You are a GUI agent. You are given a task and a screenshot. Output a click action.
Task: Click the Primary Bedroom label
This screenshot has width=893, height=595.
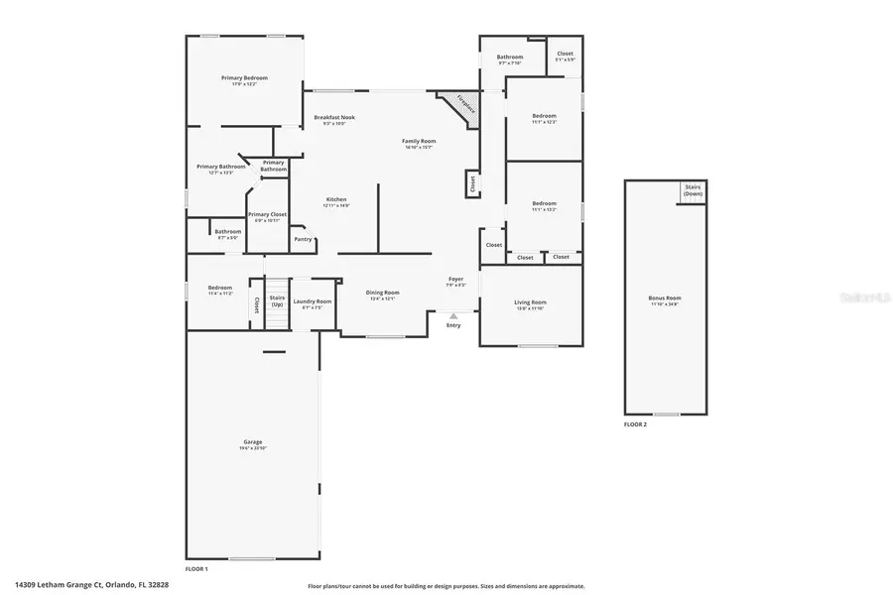coord(244,78)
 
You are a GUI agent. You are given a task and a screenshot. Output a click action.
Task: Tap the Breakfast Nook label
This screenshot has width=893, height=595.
coord(334,118)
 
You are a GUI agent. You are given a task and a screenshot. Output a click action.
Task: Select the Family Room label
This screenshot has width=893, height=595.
coord(419,142)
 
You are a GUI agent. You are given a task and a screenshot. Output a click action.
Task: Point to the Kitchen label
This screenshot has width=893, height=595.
coord(336,200)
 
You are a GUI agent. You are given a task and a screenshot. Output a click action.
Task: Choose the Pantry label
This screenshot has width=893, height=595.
coord(303,239)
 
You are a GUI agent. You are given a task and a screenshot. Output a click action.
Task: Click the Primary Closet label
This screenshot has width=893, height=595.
coord(267,215)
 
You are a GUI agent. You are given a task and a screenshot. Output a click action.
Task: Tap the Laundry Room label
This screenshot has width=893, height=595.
coord(312,301)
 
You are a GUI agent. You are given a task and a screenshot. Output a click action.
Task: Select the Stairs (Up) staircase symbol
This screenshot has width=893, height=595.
coord(276,297)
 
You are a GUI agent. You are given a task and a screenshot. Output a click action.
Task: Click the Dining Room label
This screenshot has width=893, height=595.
coord(382,294)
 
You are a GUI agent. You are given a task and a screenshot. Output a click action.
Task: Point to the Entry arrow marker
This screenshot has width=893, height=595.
coord(453,316)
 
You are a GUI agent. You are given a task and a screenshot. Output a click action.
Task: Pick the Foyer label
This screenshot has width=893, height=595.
coord(455,281)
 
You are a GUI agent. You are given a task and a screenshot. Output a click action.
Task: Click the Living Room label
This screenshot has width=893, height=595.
coord(530,302)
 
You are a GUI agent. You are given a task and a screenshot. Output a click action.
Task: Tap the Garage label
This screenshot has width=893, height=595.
coord(252,443)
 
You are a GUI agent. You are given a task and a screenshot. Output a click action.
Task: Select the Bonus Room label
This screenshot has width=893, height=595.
coord(666,298)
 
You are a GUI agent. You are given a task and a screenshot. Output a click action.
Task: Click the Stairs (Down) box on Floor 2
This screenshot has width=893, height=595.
coord(693,191)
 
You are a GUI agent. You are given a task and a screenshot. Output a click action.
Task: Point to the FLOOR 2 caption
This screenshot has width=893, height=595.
coord(635,424)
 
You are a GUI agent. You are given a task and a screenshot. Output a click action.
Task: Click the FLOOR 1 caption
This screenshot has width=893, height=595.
coord(196,568)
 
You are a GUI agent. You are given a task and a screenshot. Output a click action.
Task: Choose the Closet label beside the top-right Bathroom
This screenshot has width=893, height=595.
coord(565,56)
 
